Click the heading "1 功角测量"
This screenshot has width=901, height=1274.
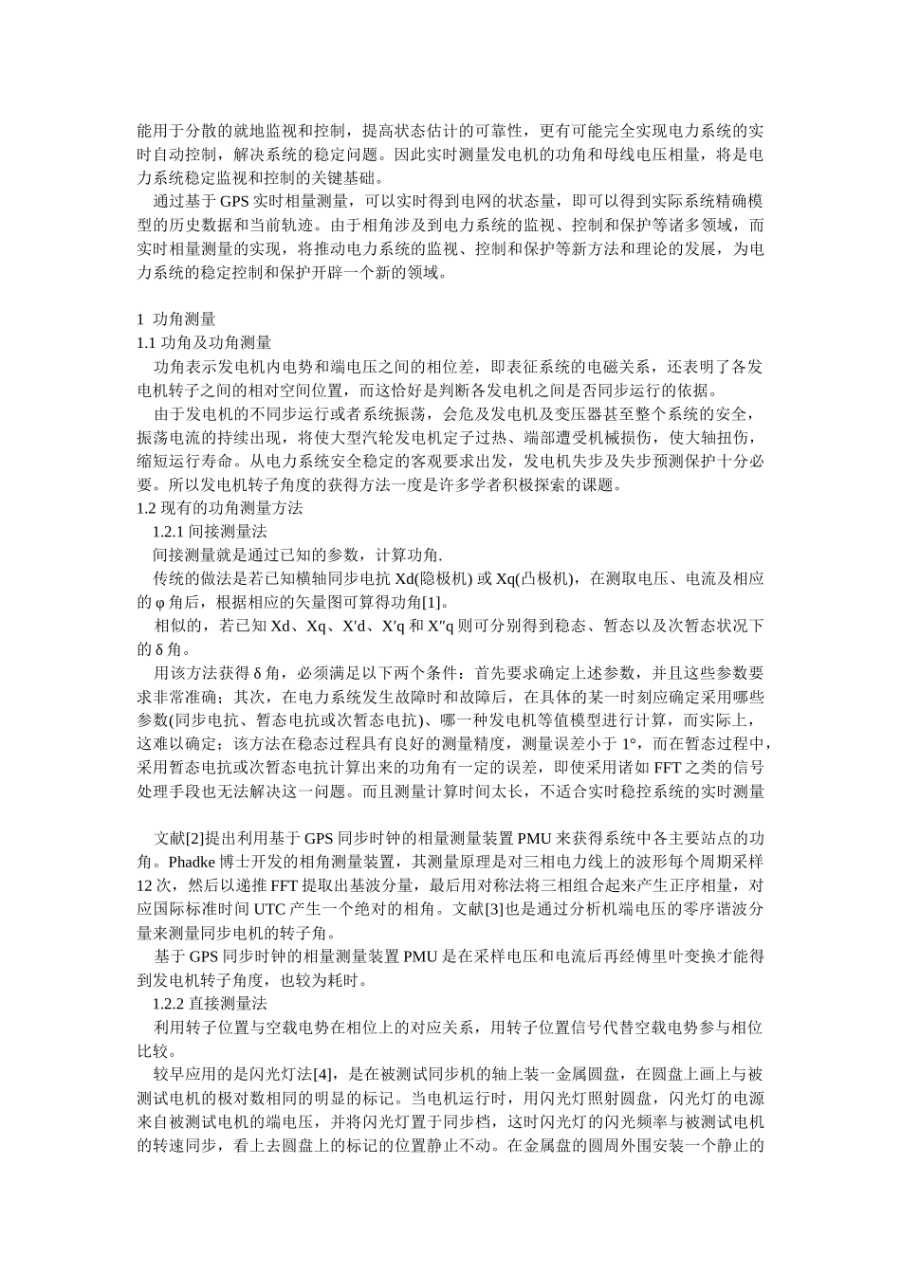pyautogui.click(x=176, y=319)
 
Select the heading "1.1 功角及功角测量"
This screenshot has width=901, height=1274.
pyautogui.click(x=204, y=343)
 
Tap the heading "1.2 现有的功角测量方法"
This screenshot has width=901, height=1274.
pyautogui.click(x=219, y=508)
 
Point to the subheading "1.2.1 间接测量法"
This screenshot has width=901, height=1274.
pyautogui.click(x=210, y=532)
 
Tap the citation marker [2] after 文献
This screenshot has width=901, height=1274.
pyautogui.click(x=193, y=838)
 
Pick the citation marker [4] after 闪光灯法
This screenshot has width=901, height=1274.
pyautogui.click(x=323, y=1074)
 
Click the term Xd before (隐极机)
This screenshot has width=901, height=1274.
pyautogui.click(x=405, y=579)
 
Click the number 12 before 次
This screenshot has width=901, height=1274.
pyautogui.click(x=146, y=885)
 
